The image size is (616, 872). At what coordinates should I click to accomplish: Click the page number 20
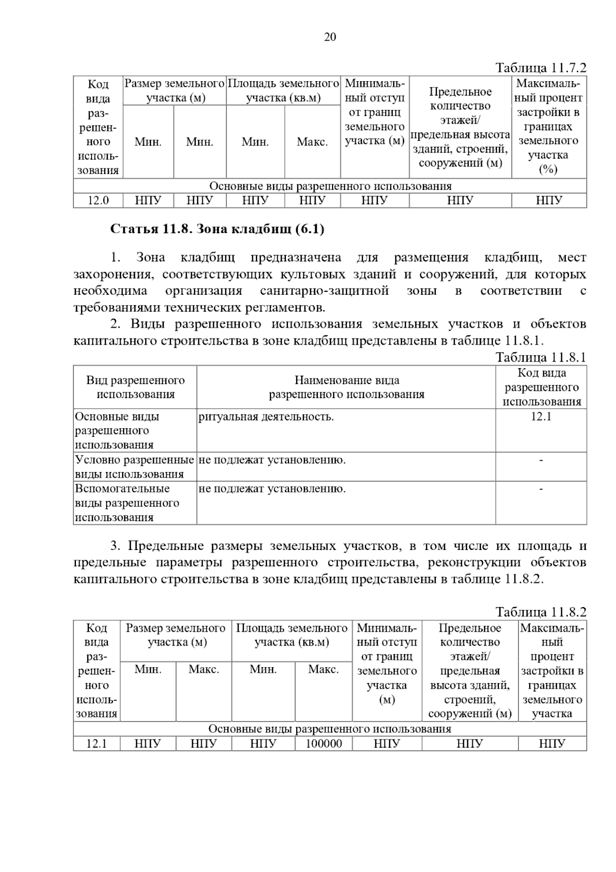click(x=330, y=37)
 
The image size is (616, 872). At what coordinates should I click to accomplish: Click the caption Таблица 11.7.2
click(x=541, y=68)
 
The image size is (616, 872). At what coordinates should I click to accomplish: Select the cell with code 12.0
click(x=98, y=200)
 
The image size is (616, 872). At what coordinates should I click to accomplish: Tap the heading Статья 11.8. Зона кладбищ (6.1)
click(x=217, y=229)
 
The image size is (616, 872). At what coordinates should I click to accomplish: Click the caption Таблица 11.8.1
click(x=541, y=357)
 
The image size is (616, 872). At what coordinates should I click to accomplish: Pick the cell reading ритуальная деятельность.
click(x=266, y=417)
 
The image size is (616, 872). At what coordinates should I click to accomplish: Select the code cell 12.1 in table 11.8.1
click(x=541, y=416)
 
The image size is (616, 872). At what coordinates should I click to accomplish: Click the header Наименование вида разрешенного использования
click(x=346, y=387)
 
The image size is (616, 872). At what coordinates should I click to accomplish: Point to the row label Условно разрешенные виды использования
click(x=134, y=467)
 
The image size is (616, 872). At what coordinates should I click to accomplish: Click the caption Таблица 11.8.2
click(x=541, y=612)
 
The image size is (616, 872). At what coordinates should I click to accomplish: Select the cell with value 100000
click(x=324, y=744)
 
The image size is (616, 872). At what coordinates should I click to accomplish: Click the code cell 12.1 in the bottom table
click(x=97, y=744)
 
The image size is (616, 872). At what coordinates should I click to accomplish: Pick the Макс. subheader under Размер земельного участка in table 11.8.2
click(x=204, y=670)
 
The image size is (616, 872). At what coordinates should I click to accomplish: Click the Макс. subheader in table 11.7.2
click(x=312, y=142)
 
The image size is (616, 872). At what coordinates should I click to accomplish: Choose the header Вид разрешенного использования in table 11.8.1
click(x=136, y=387)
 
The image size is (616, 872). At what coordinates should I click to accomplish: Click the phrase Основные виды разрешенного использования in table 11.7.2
click(x=330, y=186)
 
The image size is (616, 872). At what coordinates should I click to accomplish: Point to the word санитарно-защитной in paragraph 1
click(x=324, y=291)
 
